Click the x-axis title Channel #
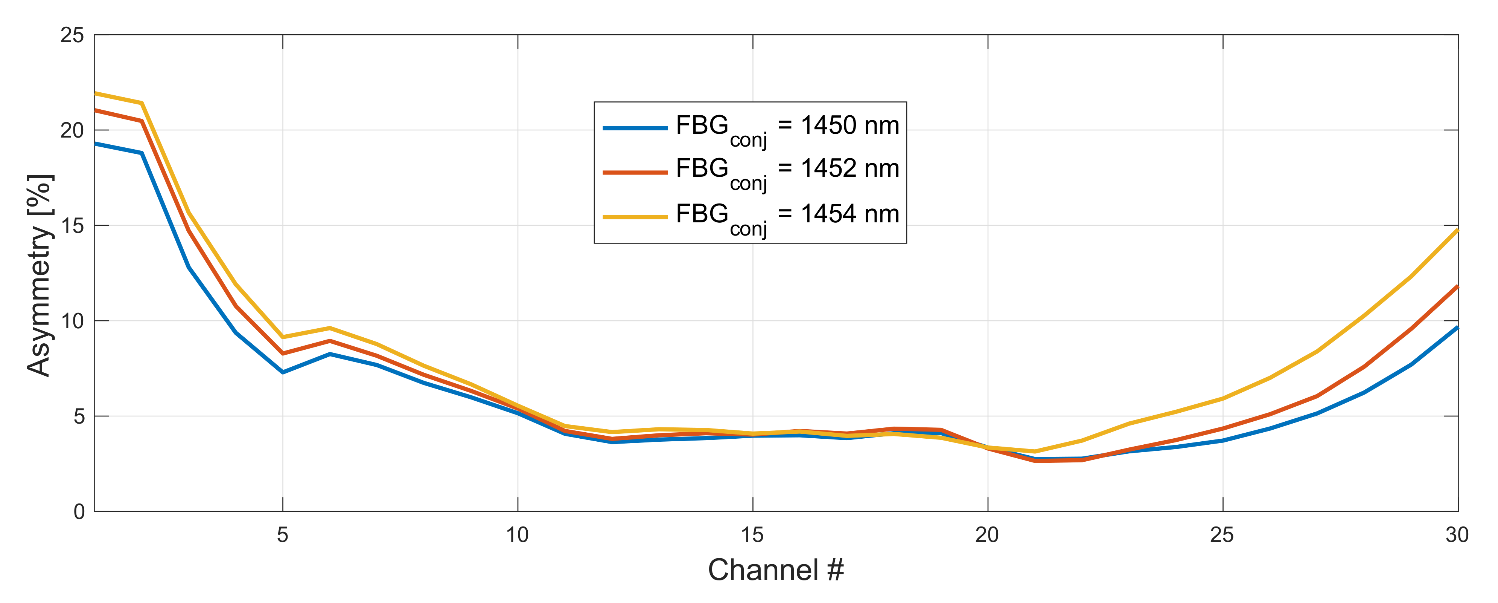coord(776,570)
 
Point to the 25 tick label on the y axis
coord(72,35)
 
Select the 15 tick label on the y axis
coord(72,226)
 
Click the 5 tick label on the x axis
coord(283,535)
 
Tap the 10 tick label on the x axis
coord(518,535)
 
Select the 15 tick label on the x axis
coord(752,535)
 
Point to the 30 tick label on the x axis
coord(1457,535)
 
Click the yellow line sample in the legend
coord(635,217)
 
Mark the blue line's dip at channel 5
coord(283,372)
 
